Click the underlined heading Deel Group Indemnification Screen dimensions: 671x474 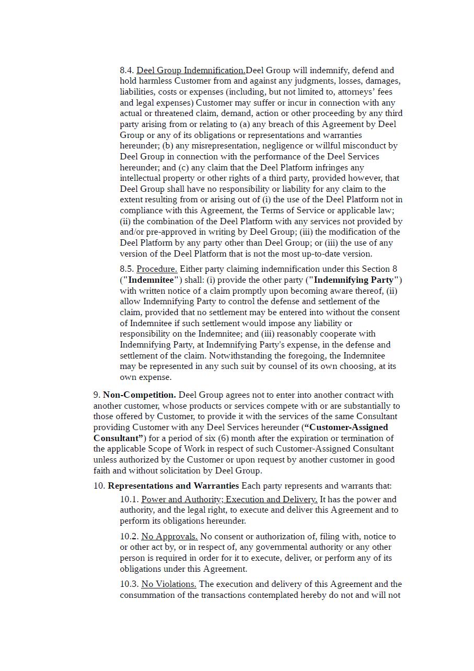tap(191, 70)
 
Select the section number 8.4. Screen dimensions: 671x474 tap(127, 70)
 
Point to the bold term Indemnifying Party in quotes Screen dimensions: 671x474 tap(353, 280)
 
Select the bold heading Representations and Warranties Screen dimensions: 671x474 tap(173, 486)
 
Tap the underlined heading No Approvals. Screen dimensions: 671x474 tap(169, 537)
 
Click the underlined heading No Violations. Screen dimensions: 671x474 tap(168, 584)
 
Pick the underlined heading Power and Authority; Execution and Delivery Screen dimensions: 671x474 tap(229, 500)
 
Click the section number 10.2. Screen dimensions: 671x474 tap(129, 537)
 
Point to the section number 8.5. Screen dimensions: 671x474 tap(127, 269)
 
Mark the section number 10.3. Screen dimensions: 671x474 tap(129, 584)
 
